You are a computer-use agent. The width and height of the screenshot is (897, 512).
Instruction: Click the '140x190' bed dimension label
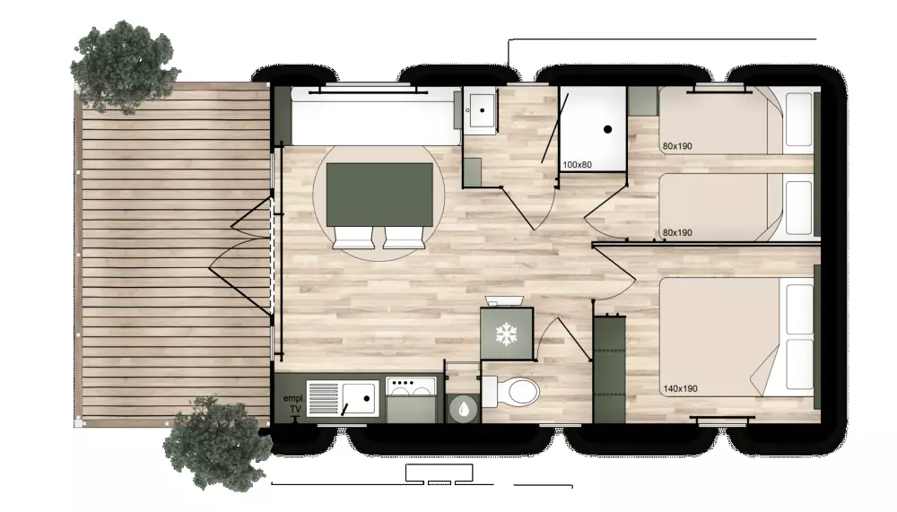(681, 389)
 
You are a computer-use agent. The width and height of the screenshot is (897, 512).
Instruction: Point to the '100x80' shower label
(579, 164)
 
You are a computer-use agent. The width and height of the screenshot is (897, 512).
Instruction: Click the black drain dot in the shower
(607, 129)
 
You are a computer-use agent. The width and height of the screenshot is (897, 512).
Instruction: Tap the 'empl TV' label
(292, 404)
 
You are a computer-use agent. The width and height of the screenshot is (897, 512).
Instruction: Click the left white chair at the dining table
(353, 236)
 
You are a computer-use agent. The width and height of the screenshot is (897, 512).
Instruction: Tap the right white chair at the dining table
(402, 236)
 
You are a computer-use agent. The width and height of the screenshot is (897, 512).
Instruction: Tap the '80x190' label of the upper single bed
(677, 146)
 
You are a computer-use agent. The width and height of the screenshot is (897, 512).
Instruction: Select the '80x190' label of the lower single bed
(677, 233)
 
